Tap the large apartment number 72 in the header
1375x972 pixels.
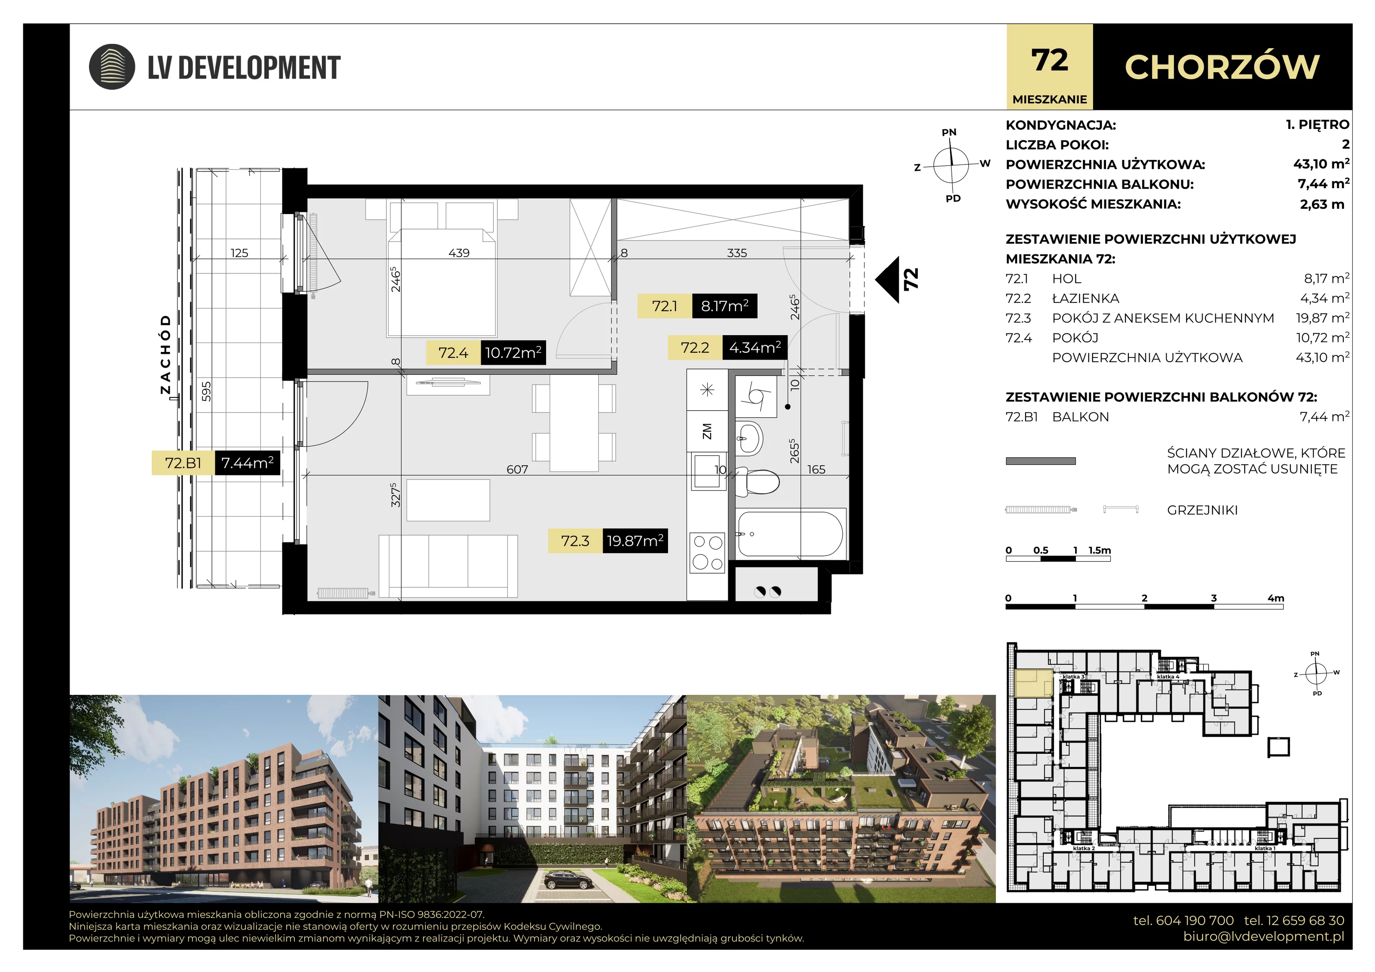(x=1049, y=61)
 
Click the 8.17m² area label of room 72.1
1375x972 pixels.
(x=724, y=306)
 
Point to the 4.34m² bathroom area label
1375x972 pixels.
(x=755, y=347)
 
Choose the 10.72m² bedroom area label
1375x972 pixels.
(x=513, y=353)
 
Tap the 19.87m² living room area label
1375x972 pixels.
(x=635, y=541)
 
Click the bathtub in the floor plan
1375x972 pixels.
(x=790, y=534)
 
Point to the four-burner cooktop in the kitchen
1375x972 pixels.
(x=707, y=552)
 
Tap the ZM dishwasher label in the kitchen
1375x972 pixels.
(x=707, y=431)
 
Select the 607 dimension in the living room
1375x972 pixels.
(x=517, y=470)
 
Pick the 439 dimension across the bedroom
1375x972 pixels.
(x=459, y=253)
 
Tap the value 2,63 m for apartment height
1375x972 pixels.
(x=1322, y=204)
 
